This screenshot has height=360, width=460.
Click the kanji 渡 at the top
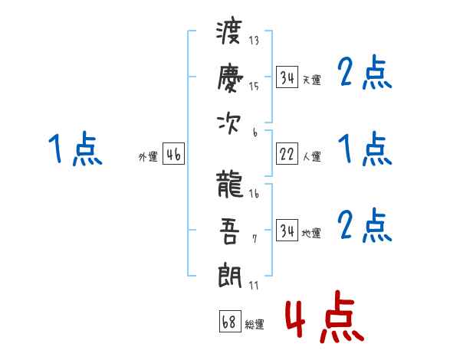[230, 33]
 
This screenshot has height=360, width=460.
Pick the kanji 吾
[230, 230]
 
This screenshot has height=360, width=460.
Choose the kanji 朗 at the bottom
[230, 274]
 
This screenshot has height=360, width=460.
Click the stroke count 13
[255, 41]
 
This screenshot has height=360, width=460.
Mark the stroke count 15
[255, 86]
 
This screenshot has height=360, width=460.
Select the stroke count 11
[255, 286]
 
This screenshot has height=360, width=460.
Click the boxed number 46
[173, 155]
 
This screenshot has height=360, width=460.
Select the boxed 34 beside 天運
[287, 78]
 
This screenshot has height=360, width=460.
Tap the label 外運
[148, 157]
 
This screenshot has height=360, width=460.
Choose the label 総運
[255, 325]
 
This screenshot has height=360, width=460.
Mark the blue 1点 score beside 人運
[365, 149]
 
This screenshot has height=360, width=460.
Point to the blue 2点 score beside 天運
[365, 73]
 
